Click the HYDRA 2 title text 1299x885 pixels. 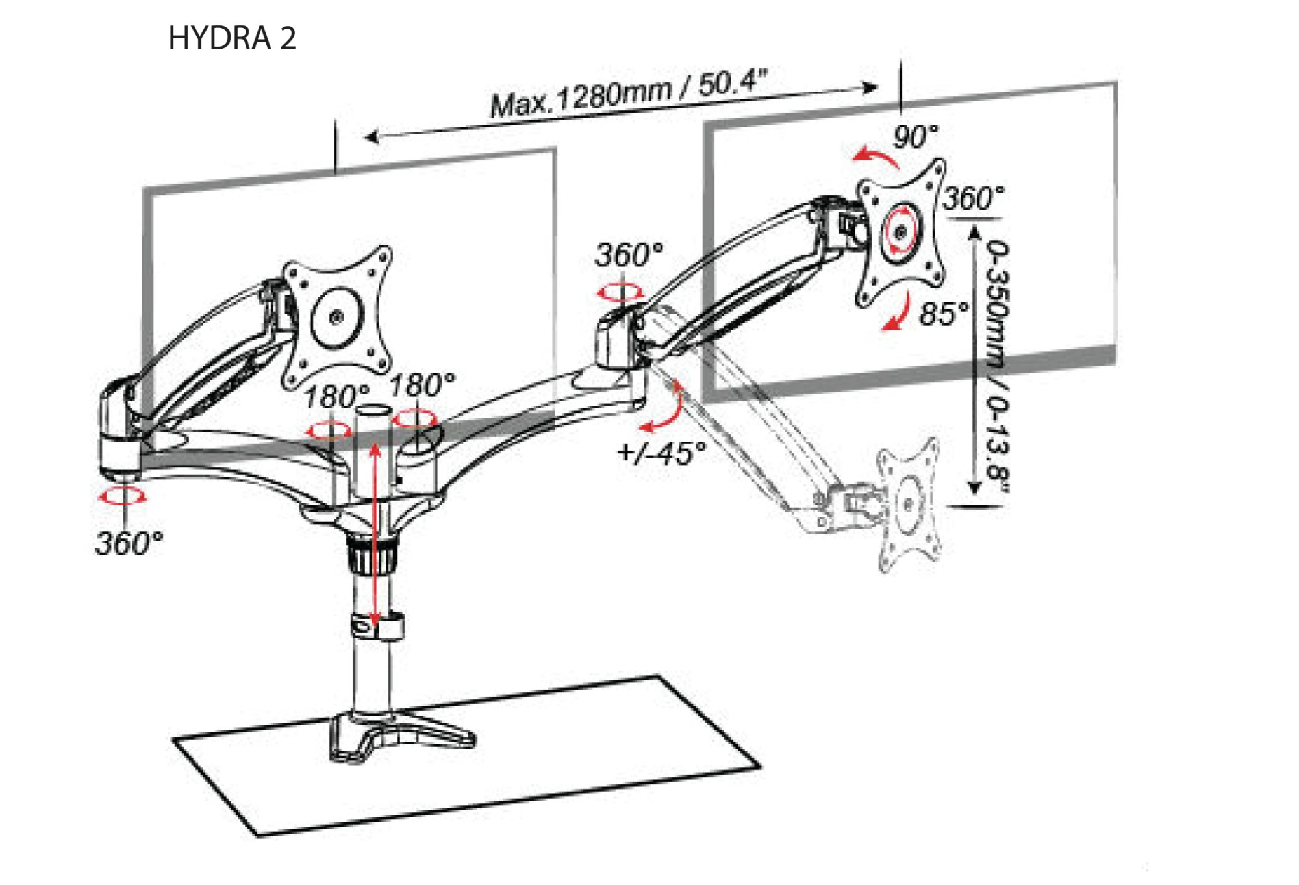232,38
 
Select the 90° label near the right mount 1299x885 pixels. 915,136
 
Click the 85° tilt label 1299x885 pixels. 943,314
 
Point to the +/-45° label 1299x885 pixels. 662,452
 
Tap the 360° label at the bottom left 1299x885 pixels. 129,543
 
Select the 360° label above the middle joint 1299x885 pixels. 629,255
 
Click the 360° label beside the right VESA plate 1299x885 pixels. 973,198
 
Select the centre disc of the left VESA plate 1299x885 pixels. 336,318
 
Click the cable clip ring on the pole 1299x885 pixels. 377,627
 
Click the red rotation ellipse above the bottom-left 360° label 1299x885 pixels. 123,497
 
